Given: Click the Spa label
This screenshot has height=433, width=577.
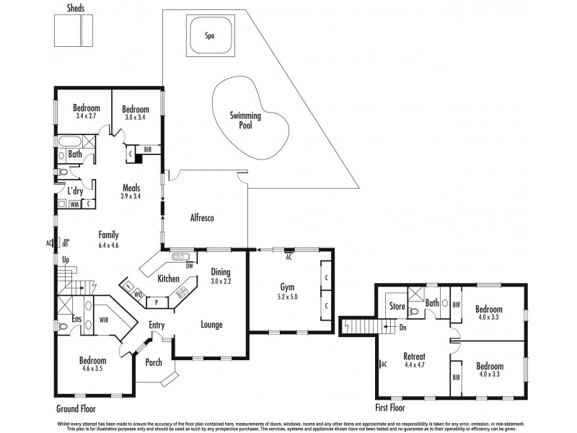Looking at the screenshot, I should pyautogui.click(x=210, y=35).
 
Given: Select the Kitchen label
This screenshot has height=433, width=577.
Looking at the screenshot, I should pyautogui.click(x=169, y=279).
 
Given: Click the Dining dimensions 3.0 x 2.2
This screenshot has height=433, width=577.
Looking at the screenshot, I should pyautogui.click(x=221, y=281).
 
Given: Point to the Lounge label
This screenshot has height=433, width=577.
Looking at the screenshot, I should pyautogui.click(x=211, y=325).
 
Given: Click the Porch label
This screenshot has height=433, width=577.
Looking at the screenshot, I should pyautogui.click(x=154, y=362).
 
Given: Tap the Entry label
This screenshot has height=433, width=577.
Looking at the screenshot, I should pyautogui.click(x=157, y=325).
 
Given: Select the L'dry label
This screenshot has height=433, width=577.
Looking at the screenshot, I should pyautogui.click(x=74, y=191).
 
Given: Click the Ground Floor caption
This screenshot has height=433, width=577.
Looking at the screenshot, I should pyautogui.click(x=77, y=408).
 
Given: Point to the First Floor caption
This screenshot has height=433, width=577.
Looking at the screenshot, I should pyautogui.click(x=396, y=408).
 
